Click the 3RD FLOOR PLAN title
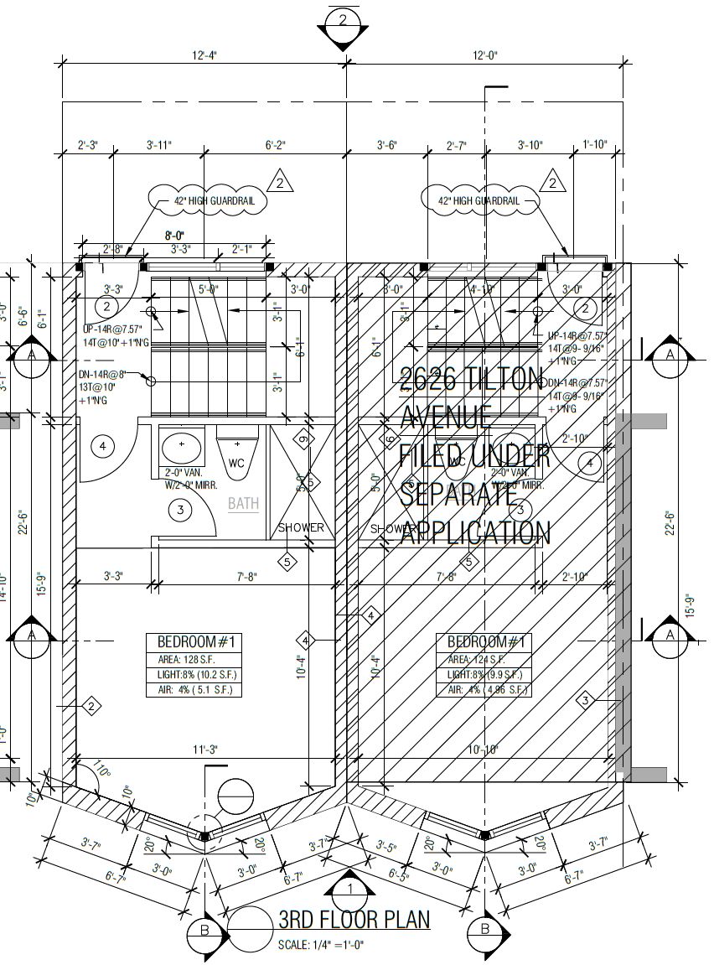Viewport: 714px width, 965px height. pos(354,920)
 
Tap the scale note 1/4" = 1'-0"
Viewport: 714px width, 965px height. pos(321,945)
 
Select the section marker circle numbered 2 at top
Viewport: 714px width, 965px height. pos(344,23)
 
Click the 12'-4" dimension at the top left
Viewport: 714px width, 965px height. pos(204,55)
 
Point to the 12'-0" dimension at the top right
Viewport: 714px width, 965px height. pos(484,55)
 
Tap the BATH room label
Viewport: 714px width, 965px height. pos(244,504)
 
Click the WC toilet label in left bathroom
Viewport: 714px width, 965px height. pos(237,463)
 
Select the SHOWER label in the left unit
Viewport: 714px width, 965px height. pos(302,528)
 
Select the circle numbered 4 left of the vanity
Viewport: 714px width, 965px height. pos(103,446)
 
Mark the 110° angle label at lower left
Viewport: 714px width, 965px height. pos(102,772)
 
